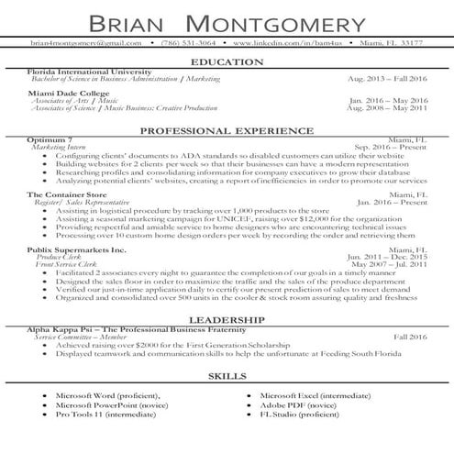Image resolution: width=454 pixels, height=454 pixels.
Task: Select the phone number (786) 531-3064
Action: click(188, 43)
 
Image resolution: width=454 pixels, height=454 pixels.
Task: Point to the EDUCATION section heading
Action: click(227, 62)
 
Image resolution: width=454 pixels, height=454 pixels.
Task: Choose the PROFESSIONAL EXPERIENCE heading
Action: click(227, 131)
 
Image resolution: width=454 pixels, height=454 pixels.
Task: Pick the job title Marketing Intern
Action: click(61, 147)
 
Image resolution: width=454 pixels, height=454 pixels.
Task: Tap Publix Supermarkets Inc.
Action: click(76, 249)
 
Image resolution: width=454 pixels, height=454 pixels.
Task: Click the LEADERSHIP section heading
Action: click(227, 320)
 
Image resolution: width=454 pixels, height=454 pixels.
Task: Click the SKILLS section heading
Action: click(227, 376)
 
